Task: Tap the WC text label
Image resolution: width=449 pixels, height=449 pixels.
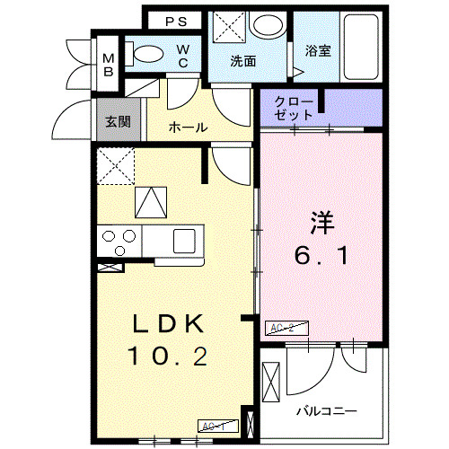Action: point(181,56)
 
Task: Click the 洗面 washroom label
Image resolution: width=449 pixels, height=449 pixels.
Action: point(242,62)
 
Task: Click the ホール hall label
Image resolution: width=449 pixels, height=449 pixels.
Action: point(188,128)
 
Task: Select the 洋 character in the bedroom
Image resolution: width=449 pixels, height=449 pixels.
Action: point(322,221)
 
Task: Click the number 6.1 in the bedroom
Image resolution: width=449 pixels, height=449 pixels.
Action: point(322,257)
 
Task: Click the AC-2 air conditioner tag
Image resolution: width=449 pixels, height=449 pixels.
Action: point(281,328)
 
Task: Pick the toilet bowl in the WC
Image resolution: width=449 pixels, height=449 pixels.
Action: point(144,53)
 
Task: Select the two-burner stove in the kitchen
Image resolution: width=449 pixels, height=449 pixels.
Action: point(119,240)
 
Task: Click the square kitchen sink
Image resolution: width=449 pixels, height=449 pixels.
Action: point(184,241)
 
